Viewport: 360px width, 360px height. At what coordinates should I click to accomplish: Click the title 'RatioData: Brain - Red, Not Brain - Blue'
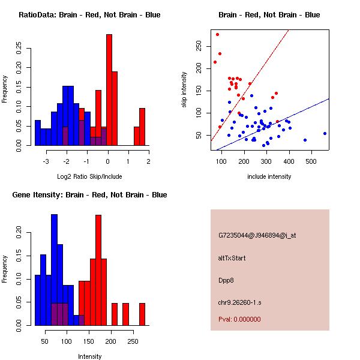(x=89, y=15)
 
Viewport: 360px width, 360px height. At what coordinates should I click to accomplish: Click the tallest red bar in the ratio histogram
(x=109, y=90)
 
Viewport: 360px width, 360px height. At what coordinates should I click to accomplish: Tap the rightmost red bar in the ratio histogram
(x=142, y=127)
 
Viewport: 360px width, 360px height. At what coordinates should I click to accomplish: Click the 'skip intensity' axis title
(x=185, y=90)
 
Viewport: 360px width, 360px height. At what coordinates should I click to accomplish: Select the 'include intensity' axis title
(x=269, y=176)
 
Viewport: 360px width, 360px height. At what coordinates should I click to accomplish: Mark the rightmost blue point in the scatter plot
(x=325, y=133)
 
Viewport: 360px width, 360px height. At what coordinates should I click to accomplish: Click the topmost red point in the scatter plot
(x=217, y=34)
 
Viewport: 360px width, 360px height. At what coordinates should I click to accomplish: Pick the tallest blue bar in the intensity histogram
(x=55, y=269)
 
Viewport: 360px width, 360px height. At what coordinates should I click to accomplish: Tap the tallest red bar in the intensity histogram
(x=98, y=270)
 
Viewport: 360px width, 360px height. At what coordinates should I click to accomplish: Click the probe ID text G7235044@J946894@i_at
(x=257, y=235)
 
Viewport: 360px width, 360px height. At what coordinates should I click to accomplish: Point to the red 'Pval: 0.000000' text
(x=239, y=319)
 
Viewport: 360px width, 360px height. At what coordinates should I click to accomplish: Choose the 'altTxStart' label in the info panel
(x=232, y=258)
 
